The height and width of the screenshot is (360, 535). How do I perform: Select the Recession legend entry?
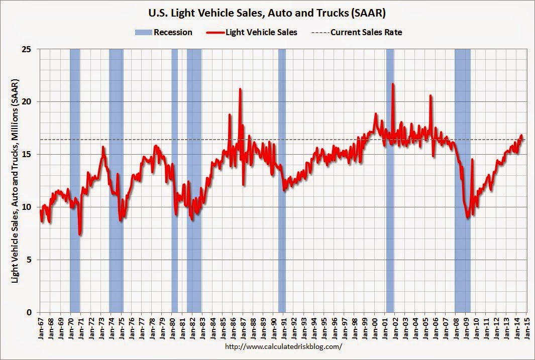164,32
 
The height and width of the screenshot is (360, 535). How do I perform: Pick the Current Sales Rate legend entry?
359,32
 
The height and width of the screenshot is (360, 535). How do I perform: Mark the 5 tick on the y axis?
30,260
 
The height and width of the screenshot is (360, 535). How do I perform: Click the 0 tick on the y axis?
30,312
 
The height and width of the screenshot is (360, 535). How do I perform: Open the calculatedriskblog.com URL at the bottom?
284,346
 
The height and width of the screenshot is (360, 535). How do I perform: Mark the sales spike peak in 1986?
240,89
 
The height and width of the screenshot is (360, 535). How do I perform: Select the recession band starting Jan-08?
463,181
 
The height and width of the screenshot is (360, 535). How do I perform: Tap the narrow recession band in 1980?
174,181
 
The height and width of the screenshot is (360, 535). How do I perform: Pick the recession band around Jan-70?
75,181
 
